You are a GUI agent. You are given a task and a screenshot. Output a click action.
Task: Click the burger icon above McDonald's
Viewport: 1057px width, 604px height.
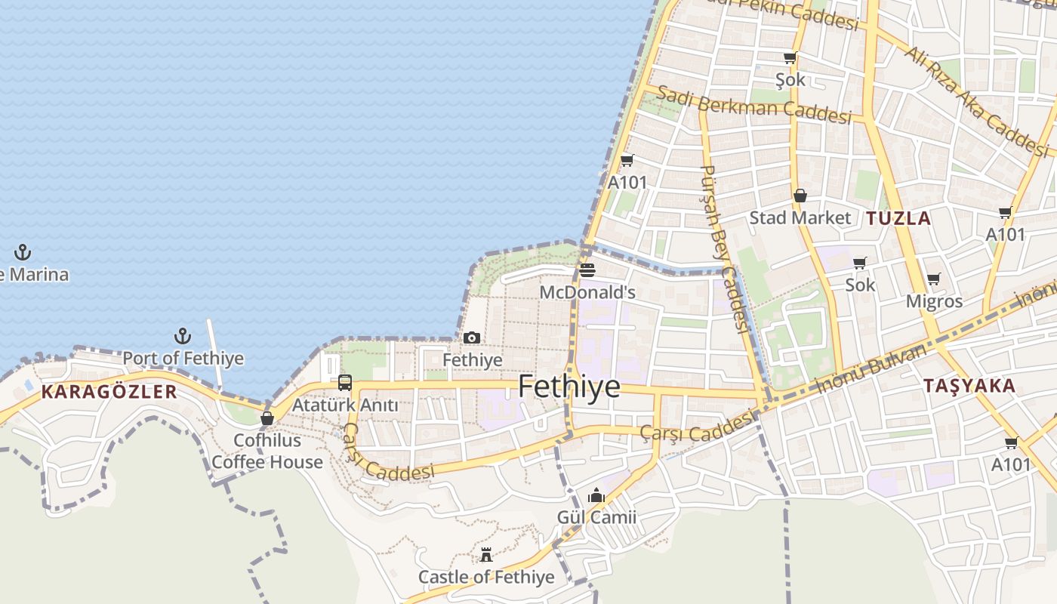click(587, 270)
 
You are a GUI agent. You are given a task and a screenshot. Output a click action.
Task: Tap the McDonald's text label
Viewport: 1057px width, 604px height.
click(587, 292)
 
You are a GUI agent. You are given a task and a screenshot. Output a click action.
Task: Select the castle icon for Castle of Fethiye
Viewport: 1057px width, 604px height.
click(486, 556)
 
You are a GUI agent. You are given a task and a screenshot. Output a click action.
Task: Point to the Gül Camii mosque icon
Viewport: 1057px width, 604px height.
click(596, 496)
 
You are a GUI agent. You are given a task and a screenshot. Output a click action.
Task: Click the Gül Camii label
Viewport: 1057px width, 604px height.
click(596, 517)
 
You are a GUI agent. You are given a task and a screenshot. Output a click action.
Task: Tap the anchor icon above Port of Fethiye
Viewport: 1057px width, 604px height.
click(182, 336)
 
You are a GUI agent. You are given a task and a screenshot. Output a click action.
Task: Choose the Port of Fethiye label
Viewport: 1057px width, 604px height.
click(183, 358)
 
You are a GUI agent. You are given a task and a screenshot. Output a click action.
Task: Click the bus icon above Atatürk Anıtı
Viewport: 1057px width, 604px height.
click(345, 383)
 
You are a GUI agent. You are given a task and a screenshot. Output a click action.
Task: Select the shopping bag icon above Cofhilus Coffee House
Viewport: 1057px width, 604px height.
click(267, 418)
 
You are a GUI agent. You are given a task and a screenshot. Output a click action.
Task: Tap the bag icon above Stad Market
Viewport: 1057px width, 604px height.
click(800, 196)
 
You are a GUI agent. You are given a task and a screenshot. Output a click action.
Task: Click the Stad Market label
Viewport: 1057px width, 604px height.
click(800, 218)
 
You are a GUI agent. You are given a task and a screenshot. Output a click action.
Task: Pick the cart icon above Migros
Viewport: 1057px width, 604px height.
click(934, 279)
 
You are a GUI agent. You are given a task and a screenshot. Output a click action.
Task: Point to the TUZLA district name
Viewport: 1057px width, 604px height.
click(898, 219)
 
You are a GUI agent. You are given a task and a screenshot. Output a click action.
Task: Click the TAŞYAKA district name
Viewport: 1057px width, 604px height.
click(969, 386)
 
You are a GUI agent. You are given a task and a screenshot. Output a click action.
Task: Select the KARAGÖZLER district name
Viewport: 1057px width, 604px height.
click(109, 392)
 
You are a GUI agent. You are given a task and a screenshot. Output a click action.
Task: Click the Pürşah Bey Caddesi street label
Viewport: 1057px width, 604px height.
click(723, 249)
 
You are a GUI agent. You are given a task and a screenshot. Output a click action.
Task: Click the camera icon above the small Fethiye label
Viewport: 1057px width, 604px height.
click(472, 337)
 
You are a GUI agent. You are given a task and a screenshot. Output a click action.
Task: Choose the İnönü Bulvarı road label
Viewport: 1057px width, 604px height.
click(872, 369)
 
